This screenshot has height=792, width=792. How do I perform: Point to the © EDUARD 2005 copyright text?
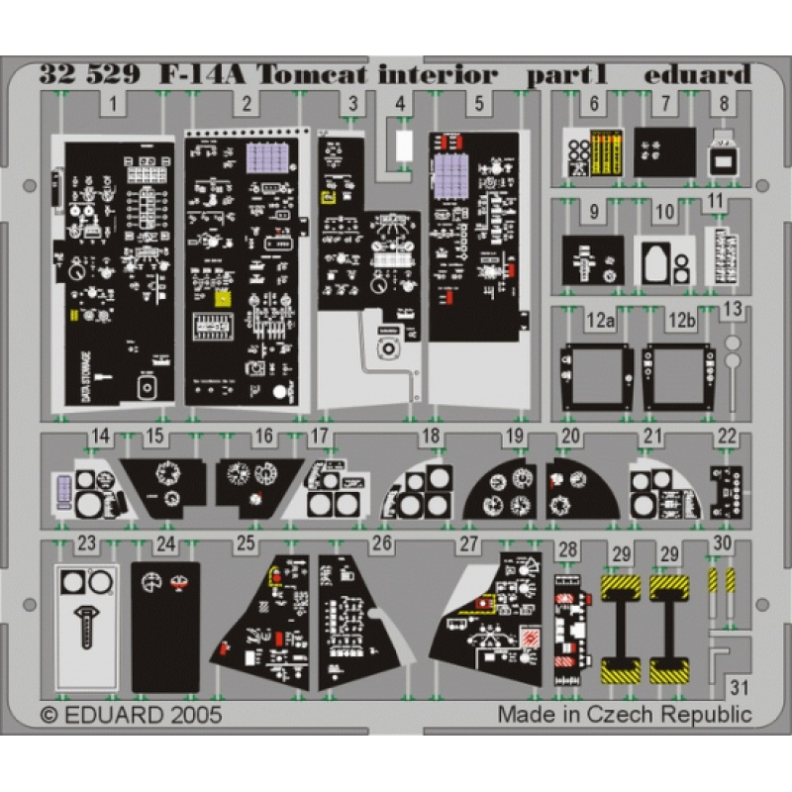(x=131, y=714)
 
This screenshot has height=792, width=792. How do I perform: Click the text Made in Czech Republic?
(x=624, y=714)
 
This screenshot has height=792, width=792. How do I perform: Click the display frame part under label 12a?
(x=597, y=376)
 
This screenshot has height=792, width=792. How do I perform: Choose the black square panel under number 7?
(x=664, y=151)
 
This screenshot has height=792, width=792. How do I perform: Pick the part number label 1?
(x=115, y=102)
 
